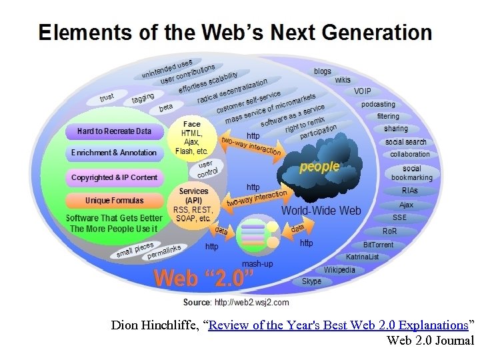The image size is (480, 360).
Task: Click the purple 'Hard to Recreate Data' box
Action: pos(114,131)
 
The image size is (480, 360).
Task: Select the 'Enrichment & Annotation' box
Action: pos(114,153)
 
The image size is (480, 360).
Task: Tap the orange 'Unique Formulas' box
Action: pos(114,201)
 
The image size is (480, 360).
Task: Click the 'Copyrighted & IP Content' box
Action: pos(114,177)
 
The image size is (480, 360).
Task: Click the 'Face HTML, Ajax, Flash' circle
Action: pos(191,137)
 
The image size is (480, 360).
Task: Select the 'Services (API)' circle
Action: pos(193,205)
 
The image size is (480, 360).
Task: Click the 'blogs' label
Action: pos(322,71)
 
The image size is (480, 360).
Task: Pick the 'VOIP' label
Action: pos(363,91)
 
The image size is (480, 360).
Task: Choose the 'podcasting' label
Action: pos(378,104)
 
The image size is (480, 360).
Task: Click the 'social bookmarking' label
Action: pos(411,173)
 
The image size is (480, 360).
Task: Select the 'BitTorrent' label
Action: pos(378,245)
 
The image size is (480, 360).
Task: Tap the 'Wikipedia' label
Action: pos(339,270)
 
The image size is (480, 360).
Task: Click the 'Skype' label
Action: pos(311,281)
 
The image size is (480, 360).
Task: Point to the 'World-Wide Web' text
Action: pos(321,211)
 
